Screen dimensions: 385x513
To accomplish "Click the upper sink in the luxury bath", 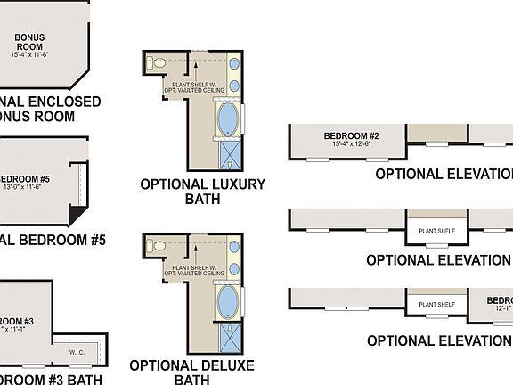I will coord(233,65).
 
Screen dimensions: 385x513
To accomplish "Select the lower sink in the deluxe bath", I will coord(233,268).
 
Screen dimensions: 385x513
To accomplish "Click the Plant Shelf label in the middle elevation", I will coord(436,231).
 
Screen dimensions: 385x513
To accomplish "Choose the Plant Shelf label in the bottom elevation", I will coord(436,304).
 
